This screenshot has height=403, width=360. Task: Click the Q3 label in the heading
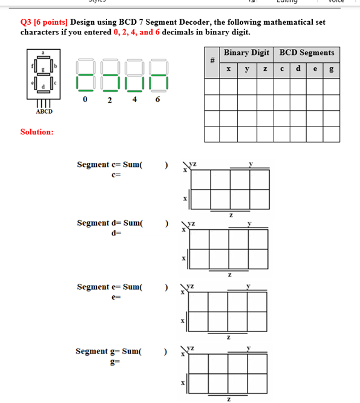[27, 22]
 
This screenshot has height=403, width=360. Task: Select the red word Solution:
[37, 131]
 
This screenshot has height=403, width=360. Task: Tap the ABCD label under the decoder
[44, 111]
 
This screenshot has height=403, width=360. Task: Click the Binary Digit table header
[246, 53]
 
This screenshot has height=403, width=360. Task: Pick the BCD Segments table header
[307, 53]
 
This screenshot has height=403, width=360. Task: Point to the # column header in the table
[212, 62]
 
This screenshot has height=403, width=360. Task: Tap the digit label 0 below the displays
[86, 99]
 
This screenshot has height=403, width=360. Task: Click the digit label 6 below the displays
[157, 99]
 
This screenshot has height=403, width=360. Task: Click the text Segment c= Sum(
[110, 165]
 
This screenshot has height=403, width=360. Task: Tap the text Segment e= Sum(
[110, 287]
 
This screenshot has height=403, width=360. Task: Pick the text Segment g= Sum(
[109, 351]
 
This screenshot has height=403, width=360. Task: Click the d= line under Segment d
[117, 233]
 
